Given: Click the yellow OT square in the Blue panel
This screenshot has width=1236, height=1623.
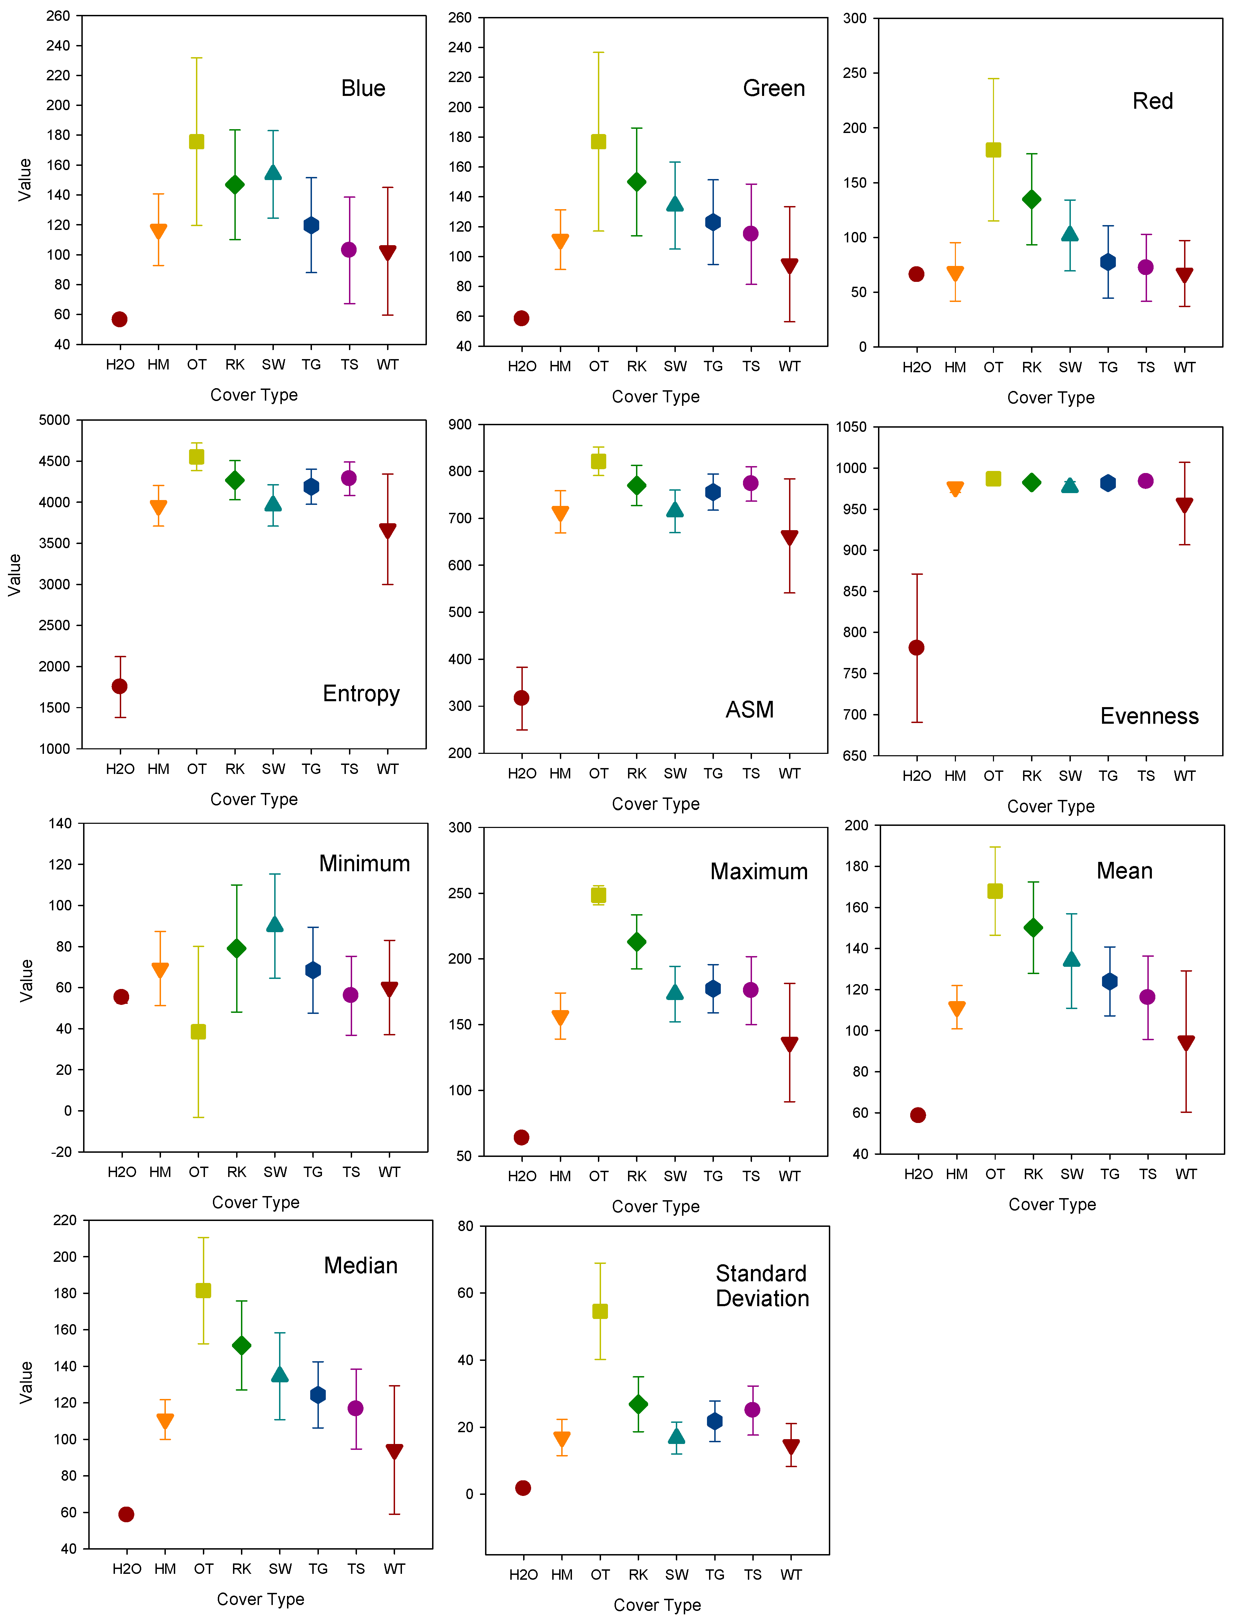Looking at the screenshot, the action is [x=196, y=141].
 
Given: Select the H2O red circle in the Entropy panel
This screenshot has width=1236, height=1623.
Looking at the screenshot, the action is [x=119, y=686].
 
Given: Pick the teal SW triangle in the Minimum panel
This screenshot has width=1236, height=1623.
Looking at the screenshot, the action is [x=275, y=924].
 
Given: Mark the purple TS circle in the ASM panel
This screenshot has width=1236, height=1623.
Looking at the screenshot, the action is [x=751, y=483].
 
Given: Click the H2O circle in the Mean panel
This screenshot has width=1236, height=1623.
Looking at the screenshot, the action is [x=917, y=1115].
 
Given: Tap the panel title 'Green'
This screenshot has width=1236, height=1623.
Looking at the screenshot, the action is [x=774, y=88].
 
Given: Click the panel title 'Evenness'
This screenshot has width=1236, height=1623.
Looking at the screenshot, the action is [x=1149, y=716].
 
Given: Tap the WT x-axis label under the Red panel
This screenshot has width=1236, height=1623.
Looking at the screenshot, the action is [x=1184, y=367].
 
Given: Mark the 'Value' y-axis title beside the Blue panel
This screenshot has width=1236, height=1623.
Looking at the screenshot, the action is [x=25, y=179].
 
